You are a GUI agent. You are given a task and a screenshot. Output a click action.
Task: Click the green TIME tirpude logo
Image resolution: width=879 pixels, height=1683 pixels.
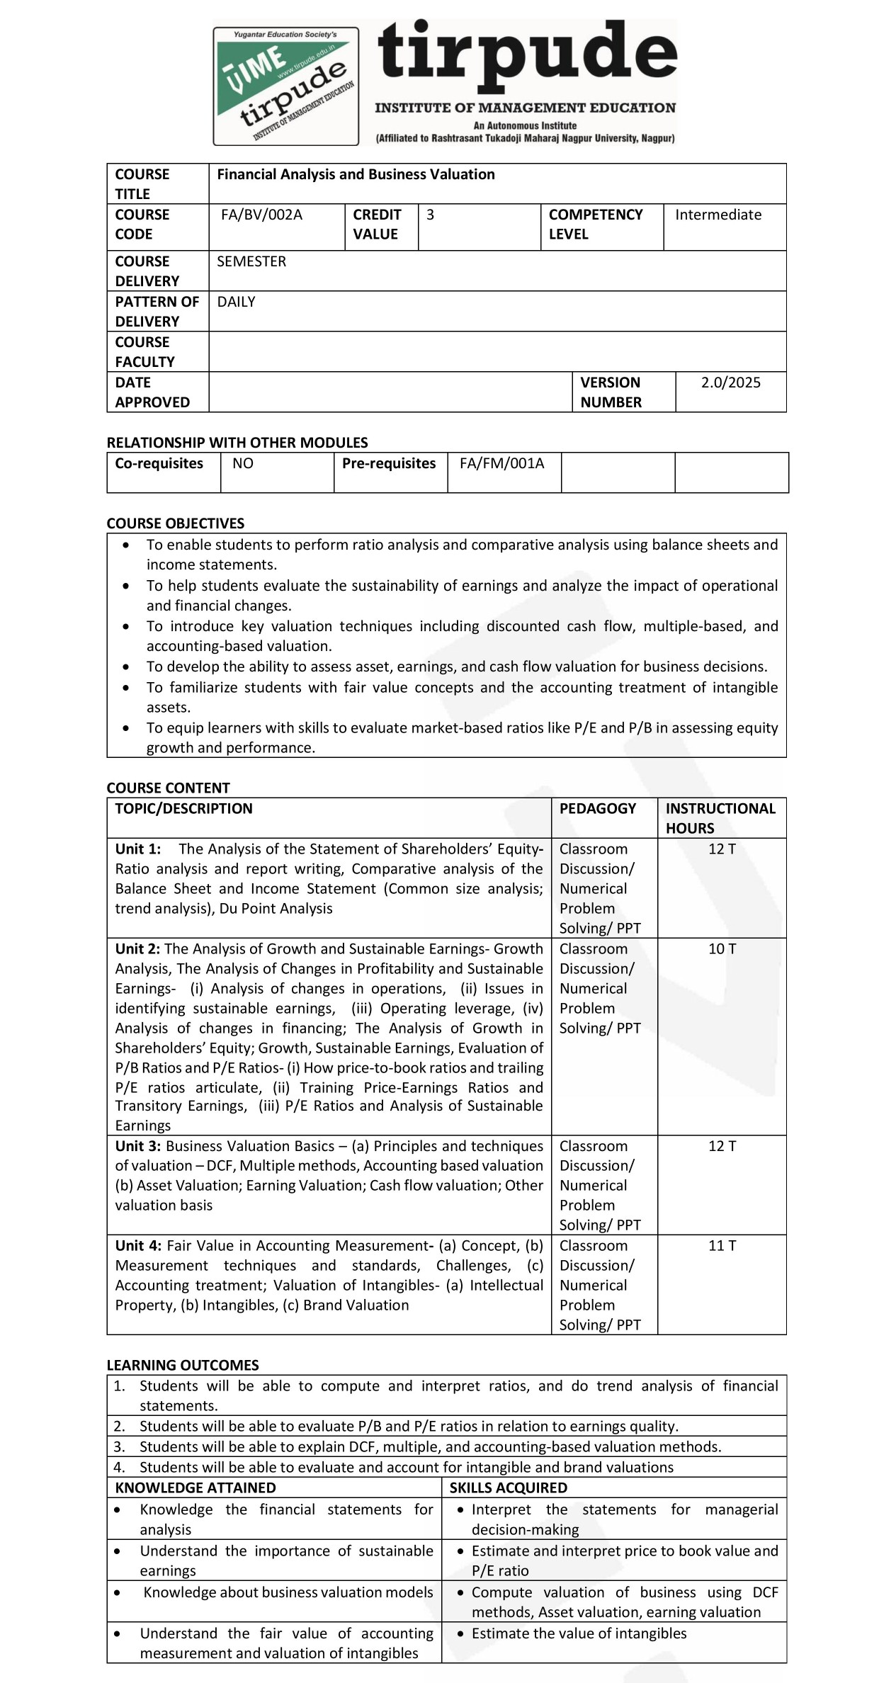[286, 86]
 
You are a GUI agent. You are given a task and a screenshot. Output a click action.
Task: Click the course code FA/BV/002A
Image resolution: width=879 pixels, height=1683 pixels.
[261, 215]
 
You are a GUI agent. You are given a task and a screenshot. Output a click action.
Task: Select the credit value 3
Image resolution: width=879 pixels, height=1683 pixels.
[430, 215]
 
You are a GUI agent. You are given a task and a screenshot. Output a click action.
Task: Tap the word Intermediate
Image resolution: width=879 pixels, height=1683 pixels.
[718, 215]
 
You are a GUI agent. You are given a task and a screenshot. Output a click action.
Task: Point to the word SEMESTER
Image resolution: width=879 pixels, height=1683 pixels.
[251, 261]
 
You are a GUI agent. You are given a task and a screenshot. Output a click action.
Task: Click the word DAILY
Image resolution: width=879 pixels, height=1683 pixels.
[236, 302]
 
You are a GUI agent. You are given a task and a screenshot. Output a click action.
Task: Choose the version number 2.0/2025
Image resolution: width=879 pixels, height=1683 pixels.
[730, 382]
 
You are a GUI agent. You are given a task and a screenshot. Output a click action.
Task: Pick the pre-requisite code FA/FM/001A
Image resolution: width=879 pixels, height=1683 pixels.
[501, 463]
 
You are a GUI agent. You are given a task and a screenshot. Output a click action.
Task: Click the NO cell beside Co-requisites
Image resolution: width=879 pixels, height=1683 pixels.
[243, 463]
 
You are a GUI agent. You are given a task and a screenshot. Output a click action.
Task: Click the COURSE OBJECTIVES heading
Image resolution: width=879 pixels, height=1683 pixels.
[175, 523]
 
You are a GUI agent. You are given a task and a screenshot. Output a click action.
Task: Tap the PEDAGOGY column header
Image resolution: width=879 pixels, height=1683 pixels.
[597, 808]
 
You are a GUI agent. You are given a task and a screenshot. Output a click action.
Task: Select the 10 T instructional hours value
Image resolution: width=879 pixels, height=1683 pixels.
[722, 948]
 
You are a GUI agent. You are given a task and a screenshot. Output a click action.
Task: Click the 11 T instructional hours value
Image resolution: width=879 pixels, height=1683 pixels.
[722, 1245]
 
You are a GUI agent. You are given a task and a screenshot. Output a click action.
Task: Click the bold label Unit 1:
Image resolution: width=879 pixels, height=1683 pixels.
[138, 849]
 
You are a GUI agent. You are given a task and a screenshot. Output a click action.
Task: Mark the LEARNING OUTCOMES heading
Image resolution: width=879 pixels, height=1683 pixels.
[183, 1365]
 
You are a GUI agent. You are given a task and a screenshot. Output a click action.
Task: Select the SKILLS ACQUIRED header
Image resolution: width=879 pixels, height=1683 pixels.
[508, 1487]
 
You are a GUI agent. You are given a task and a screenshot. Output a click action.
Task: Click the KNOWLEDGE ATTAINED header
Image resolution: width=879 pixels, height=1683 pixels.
[195, 1487]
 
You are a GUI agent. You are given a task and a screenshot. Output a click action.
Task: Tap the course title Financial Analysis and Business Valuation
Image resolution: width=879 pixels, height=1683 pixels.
[356, 174]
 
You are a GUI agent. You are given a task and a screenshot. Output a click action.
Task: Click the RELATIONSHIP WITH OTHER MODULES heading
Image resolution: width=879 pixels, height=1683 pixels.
[237, 443]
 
